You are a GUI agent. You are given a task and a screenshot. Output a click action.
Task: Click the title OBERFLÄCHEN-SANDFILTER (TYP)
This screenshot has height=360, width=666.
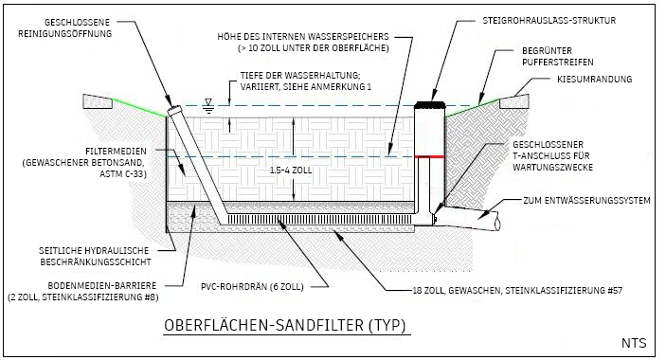[285, 325]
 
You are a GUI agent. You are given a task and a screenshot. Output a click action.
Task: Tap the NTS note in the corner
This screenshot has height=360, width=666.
[634, 343]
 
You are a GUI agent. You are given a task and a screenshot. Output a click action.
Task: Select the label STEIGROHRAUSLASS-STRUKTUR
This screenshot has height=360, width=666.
[549, 21]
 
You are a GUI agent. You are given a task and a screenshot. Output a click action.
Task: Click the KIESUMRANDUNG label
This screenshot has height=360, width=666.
[594, 79]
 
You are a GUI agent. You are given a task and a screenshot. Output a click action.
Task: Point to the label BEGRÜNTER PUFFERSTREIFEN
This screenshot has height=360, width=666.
[557, 56]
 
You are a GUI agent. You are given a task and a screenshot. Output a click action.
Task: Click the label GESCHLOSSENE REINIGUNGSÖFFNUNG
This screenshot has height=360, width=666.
[64, 28]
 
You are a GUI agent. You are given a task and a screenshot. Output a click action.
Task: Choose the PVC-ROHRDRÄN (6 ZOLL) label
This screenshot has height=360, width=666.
[252, 287]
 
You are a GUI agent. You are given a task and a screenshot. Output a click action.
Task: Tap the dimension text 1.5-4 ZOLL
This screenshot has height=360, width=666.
[291, 171]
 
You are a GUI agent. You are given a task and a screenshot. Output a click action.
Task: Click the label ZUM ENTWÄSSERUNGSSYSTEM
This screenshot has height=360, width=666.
[586, 201]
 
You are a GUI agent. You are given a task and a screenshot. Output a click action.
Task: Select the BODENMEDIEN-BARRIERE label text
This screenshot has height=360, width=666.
[101, 286]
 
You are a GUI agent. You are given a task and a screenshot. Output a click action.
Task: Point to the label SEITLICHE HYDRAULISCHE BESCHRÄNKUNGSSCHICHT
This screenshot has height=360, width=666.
[95, 257]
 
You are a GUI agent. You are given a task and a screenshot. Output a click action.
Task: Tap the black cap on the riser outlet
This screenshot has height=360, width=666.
[429, 105]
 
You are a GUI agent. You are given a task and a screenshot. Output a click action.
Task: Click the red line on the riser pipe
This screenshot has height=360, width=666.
[429, 157]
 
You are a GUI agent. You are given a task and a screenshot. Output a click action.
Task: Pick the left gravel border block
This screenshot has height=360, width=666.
[98, 101]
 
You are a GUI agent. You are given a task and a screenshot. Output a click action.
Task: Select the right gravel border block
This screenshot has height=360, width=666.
[514, 101]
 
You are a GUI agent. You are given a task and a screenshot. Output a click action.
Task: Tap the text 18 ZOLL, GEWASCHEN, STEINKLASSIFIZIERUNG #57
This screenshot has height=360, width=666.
[517, 291]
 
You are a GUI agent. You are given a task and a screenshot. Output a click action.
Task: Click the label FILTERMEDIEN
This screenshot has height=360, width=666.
[116, 152]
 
